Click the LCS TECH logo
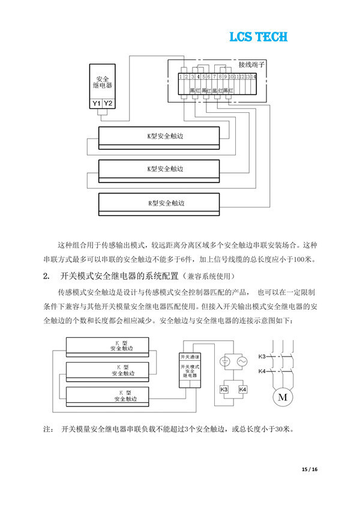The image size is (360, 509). [258, 37]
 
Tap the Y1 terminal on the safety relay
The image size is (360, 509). [96, 104]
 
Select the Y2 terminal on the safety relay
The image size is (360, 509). [107, 104]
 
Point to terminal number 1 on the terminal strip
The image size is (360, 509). [181, 77]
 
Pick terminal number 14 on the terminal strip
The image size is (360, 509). [254, 77]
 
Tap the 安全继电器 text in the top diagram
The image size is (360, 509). [102, 83]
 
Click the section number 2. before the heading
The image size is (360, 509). [46, 276]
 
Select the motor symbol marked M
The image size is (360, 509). [281, 397]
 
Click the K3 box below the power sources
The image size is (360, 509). [224, 390]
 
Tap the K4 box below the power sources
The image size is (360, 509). [242, 390]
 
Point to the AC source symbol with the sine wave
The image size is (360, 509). [242, 362]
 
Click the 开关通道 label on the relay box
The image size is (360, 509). [190, 357]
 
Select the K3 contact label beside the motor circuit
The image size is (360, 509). [262, 357]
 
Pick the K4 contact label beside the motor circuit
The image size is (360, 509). [262, 372]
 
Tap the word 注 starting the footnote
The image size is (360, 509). [47, 430]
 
